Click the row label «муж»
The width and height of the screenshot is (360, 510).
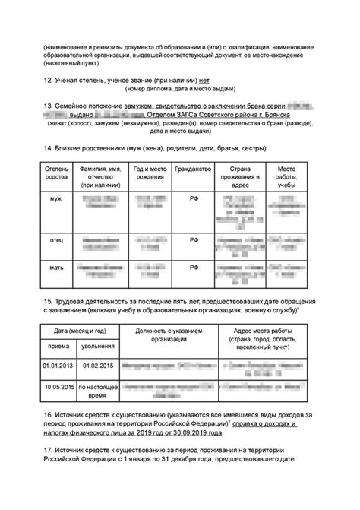(x=56, y=198)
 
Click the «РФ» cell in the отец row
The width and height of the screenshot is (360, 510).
(x=193, y=239)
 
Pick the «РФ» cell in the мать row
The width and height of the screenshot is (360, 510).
(x=193, y=268)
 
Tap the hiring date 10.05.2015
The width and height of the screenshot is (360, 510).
(x=59, y=387)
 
